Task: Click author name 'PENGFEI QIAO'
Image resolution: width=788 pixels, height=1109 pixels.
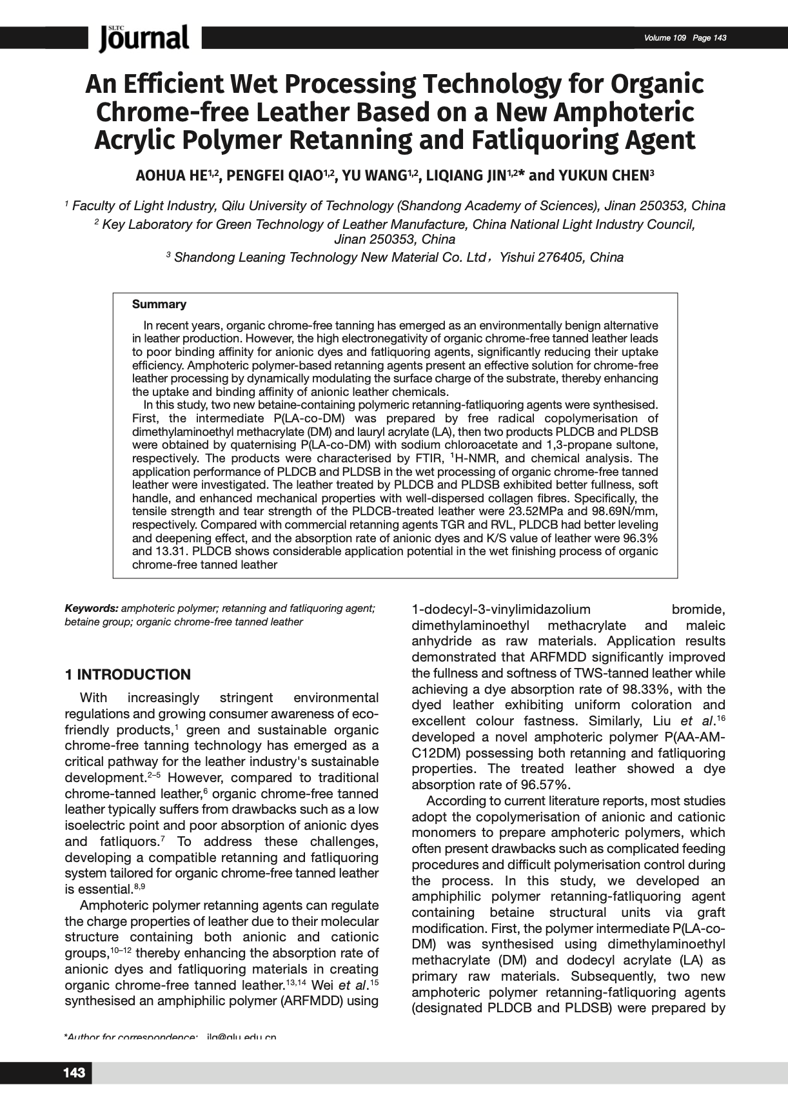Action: point(279,175)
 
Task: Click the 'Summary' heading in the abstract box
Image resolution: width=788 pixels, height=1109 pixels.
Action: point(159,304)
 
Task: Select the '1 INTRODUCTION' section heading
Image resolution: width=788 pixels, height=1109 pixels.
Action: point(128,674)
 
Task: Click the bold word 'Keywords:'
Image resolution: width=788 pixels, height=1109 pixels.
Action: point(91,608)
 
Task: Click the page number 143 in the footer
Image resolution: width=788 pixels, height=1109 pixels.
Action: point(74,1073)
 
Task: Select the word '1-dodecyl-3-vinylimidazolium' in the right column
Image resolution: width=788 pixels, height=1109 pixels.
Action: point(501,609)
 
